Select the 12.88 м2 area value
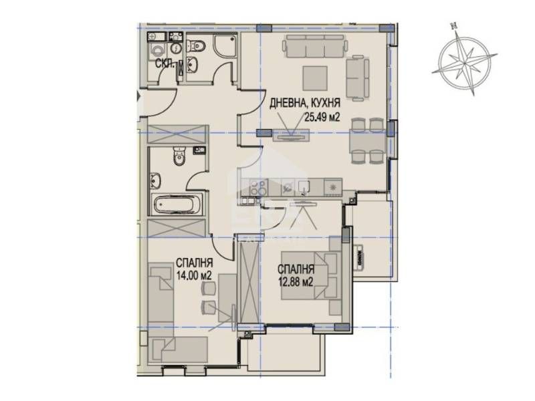[297, 281]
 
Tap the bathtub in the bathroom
[172, 205]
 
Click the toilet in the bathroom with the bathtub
[179, 158]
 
